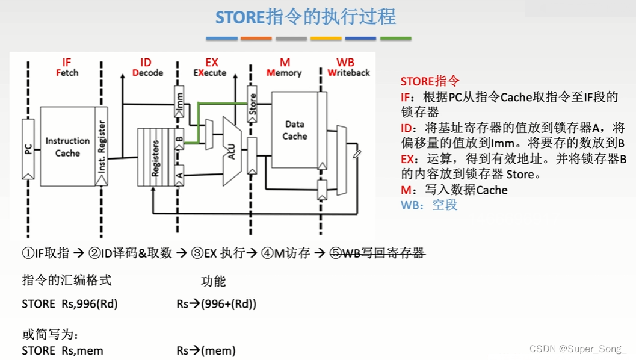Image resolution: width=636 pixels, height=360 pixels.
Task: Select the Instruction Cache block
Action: click(67, 146)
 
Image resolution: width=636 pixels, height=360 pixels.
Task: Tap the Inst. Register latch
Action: click(102, 146)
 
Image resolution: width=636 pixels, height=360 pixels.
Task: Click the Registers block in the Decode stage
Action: click(155, 157)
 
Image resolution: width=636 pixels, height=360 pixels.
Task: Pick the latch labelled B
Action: click(179, 139)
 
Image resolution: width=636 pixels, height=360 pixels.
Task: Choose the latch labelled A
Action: click(179, 175)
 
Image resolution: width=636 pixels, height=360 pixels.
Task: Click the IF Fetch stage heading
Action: click(67, 67)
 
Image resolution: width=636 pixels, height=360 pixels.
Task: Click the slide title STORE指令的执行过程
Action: click(306, 16)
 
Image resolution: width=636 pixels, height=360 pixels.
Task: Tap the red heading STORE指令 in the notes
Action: click(430, 81)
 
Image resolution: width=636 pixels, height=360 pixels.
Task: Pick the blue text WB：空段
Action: click(429, 205)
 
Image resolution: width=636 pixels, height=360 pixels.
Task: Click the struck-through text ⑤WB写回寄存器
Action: click(377, 253)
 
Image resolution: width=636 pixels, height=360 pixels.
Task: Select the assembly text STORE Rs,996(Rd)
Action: click(70, 304)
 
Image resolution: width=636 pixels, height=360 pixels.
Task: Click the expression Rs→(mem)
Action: click(206, 350)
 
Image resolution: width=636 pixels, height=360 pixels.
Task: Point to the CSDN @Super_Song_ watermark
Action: click(578, 349)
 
